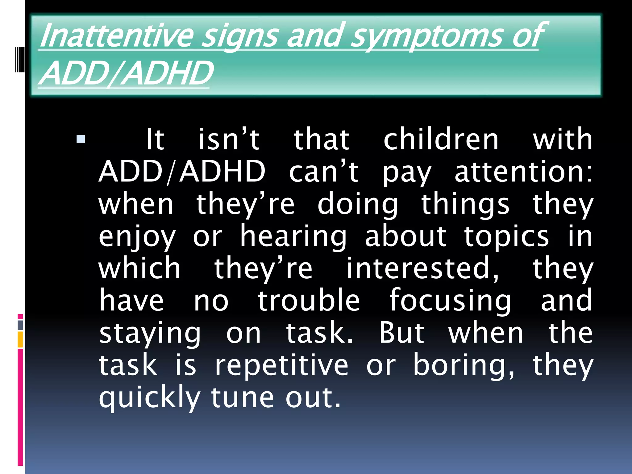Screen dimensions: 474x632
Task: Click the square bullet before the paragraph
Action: point(81,139)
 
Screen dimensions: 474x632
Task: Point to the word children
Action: point(441,139)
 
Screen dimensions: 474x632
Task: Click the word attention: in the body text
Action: point(523,172)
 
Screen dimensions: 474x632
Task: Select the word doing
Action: point(358,205)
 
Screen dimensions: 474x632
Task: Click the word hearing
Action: point(293,237)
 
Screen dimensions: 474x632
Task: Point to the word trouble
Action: point(309,301)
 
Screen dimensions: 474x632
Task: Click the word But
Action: point(401,333)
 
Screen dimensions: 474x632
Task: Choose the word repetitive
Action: point(281,366)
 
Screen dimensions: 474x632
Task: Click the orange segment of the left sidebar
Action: point(20,339)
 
